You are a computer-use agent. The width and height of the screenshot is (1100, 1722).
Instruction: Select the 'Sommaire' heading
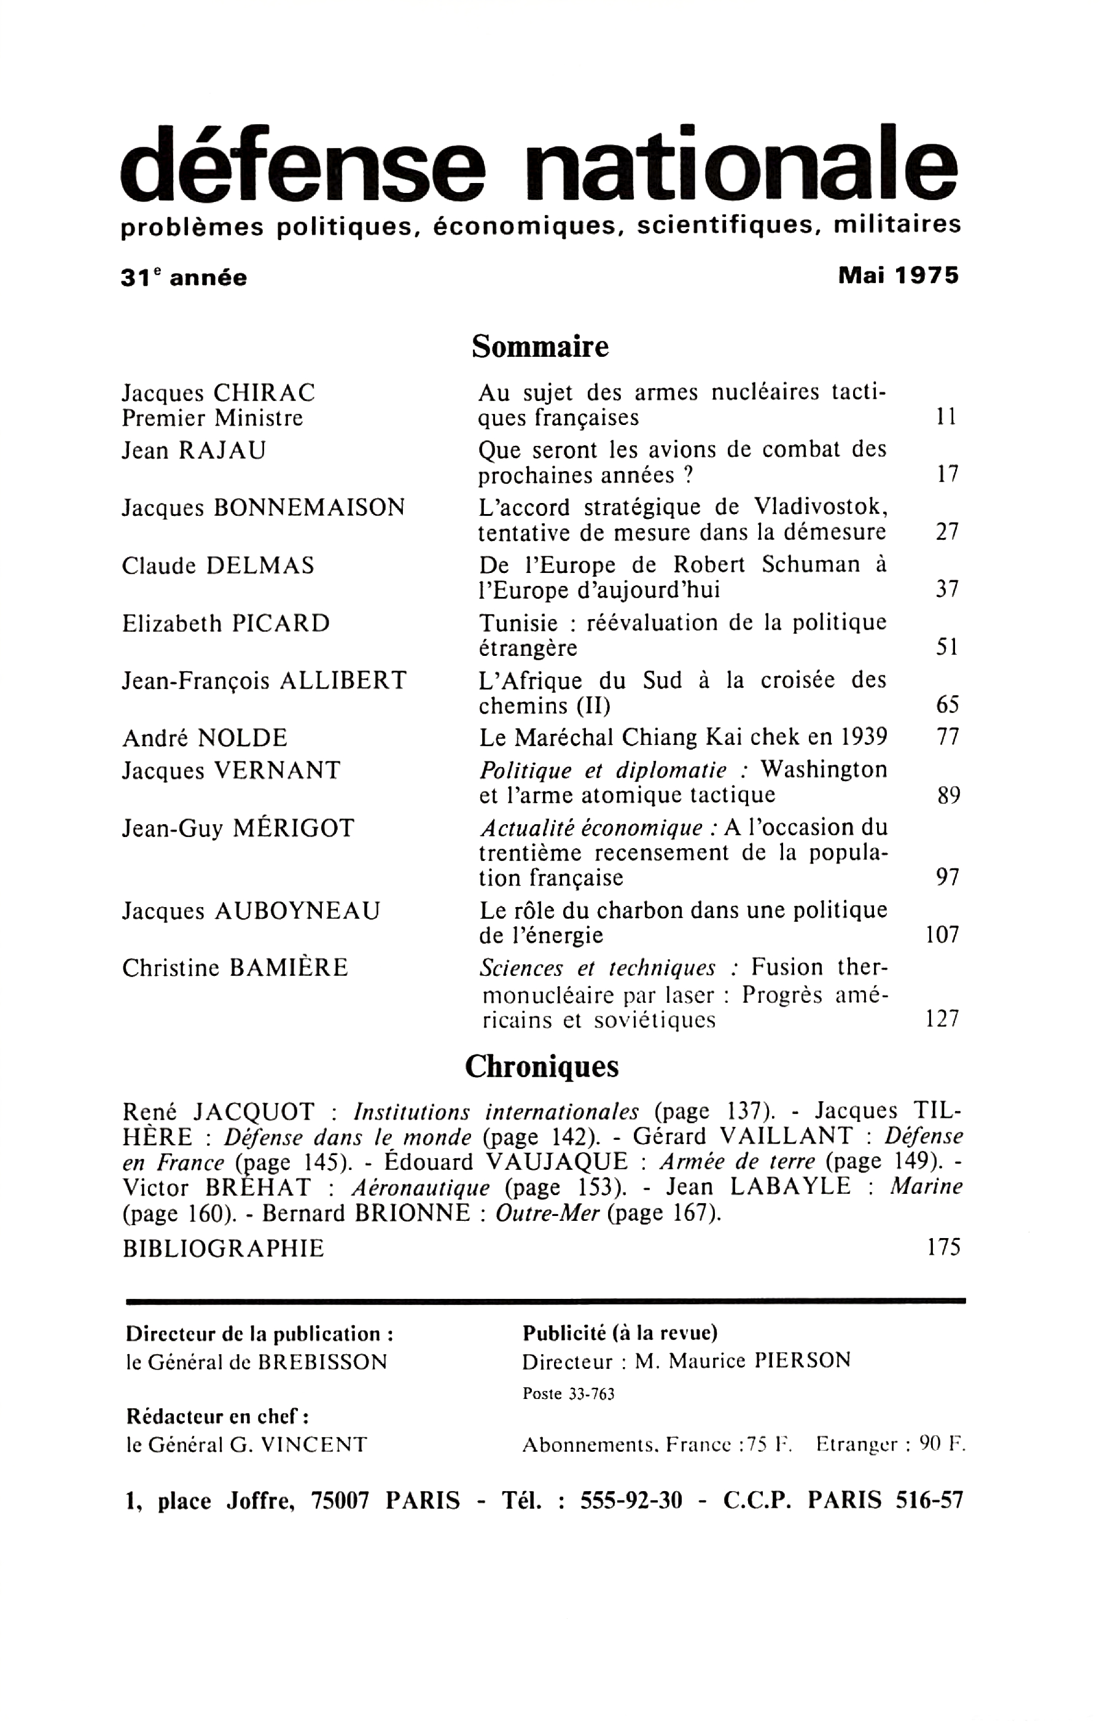click(x=540, y=347)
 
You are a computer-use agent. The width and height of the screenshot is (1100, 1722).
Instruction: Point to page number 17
click(x=947, y=474)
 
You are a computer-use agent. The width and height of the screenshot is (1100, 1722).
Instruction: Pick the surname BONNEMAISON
click(x=309, y=508)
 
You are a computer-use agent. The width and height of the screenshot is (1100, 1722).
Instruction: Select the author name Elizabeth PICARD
click(x=226, y=623)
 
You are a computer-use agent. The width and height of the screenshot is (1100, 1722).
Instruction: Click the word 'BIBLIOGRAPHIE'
click(x=223, y=1249)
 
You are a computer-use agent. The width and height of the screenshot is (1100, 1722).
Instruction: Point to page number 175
click(x=943, y=1248)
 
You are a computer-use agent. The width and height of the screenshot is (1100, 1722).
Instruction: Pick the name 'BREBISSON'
click(x=322, y=1362)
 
